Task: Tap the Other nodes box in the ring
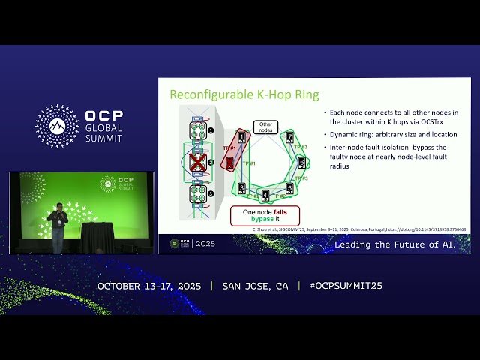265,127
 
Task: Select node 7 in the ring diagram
289,137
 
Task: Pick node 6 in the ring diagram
301,162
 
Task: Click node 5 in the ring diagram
289,187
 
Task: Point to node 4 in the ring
265,196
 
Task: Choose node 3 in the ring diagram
242,187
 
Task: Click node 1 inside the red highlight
241,137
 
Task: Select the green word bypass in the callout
259,220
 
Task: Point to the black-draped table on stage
97,237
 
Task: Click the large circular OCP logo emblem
57,126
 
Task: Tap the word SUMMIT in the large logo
104,139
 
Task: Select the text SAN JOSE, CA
255,286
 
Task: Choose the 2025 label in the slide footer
205,244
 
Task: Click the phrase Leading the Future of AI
401,244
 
